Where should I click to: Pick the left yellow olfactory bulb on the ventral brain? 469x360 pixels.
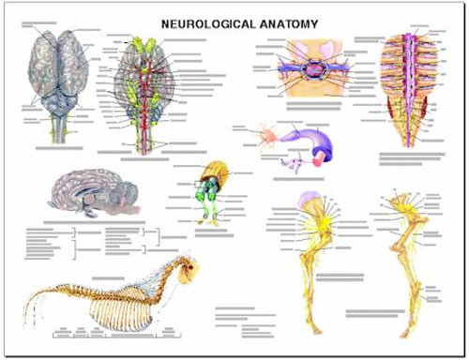[x=133, y=43]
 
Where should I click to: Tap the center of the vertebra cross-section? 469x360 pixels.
[x=309, y=69]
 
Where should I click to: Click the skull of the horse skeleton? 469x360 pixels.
[x=190, y=273]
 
